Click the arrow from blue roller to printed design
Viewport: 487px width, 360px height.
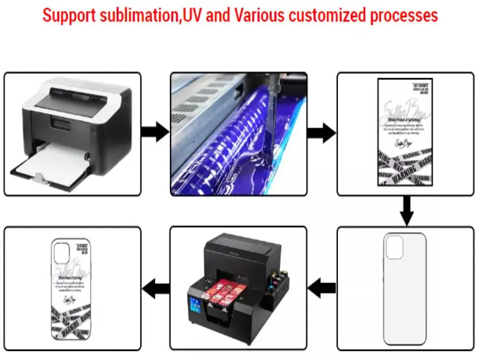point(322,132)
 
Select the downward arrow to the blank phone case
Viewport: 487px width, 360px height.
point(407,210)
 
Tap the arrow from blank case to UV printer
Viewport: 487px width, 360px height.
point(322,289)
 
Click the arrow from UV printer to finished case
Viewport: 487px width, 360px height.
point(156,289)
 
